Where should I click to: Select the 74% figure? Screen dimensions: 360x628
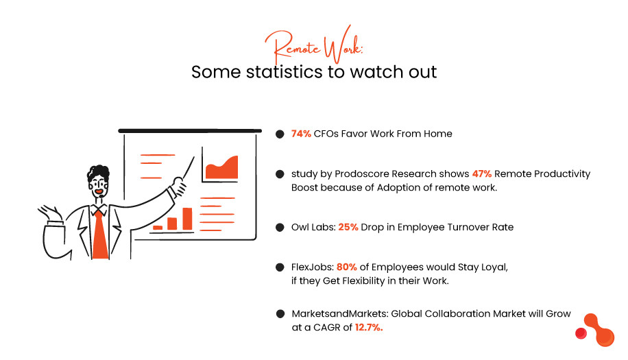coord(301,134)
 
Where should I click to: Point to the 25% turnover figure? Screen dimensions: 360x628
coord(348,227)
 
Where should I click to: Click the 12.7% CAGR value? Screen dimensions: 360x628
coord(369,328)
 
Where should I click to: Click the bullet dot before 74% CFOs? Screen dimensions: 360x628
coord(280,134)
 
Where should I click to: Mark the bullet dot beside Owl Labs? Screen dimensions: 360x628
coord(280,227)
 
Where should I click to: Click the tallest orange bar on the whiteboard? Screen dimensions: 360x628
coord(187,218)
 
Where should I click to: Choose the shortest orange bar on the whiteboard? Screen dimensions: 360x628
coord(158,227)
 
